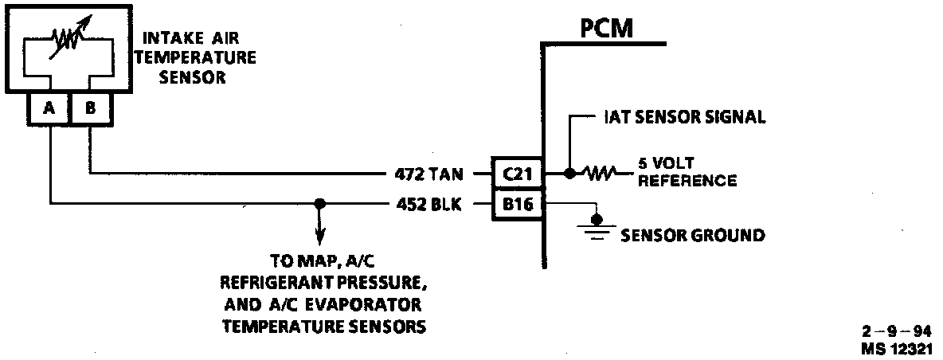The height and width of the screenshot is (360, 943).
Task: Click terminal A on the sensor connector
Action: (x=49, y=110)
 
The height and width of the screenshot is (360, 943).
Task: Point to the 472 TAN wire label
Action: (x=427, y=173)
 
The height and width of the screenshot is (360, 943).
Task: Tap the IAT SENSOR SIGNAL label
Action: (x=681, y=118)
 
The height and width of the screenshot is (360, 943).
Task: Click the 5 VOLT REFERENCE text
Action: (x=687, y=172)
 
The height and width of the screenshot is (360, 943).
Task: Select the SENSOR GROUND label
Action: (x=692, y=236)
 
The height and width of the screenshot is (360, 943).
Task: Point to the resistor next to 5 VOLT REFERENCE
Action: (x=600, y=173)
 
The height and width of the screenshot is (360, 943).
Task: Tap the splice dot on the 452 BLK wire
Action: (x=319, y=205)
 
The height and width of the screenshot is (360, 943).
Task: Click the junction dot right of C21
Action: (x=569, y=173)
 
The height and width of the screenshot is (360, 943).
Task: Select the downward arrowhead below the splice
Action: (x=319, y=237)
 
